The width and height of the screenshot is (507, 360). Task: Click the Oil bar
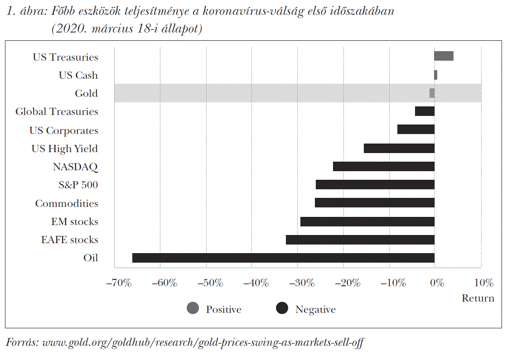click(x=283, y=258)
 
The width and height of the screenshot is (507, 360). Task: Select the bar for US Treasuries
click(x=444, y=56)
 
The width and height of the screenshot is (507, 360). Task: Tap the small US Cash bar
click(x=436, y=75)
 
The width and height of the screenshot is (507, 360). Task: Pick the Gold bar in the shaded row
click(x=432, y=93)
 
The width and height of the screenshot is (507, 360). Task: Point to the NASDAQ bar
click(x=384, y=167)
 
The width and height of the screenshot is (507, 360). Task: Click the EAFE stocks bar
click(x=360, y=240)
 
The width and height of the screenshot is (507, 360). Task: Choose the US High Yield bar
click(x=399, y=149)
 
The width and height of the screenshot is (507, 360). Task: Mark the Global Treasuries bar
click(x=425, y=111)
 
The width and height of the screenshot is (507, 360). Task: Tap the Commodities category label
click(x=67, y=203)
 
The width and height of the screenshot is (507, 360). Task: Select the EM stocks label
click(x=75, y=222)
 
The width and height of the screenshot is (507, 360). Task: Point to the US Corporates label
click(x=64, y=130)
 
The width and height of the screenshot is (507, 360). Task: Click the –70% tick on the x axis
click(x=118, y=283)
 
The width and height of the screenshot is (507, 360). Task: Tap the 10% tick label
click(x=483, y=283)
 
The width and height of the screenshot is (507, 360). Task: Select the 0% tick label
click(x=436, y=283)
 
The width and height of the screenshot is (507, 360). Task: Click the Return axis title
click(x=478, y=298)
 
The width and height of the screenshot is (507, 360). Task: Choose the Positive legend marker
click(x=193, y=309)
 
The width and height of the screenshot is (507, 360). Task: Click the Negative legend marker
click(x=282, y=309)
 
